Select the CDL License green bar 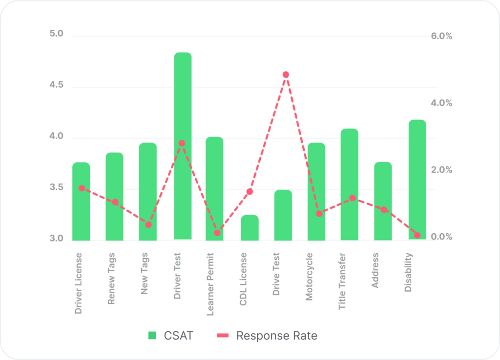point(250,228)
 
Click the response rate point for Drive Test point(286,75)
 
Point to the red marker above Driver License point(82,188)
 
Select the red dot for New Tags point(148,224)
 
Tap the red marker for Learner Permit point(217,233)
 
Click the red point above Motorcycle point(319,214)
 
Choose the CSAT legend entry point(171,336)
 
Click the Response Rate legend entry point(267,336)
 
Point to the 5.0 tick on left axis point(57,34)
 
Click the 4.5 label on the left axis point(57,85)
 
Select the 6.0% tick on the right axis point(441,36)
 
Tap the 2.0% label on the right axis point(441,170)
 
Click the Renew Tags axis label point(112,279)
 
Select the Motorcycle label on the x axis point(309,277)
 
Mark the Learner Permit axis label point(210,284)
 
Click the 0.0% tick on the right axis point(441,237)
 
